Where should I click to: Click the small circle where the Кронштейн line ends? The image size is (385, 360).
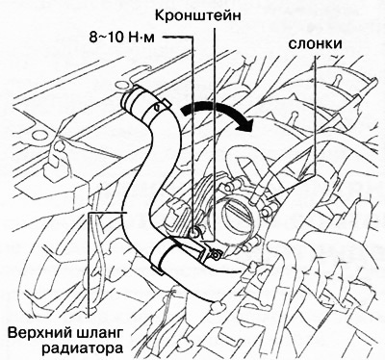pos(196,229)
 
